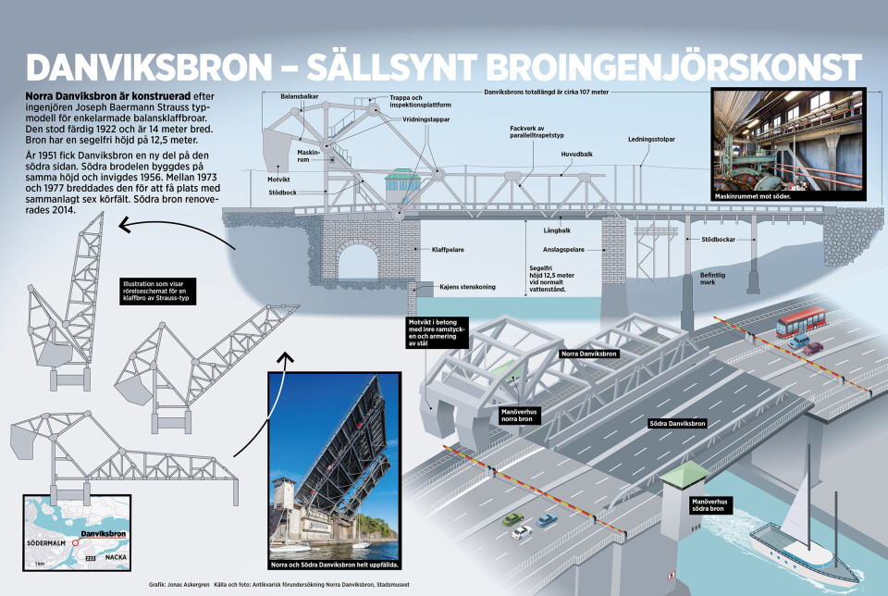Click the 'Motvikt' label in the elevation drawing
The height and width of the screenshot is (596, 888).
point(278,180)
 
